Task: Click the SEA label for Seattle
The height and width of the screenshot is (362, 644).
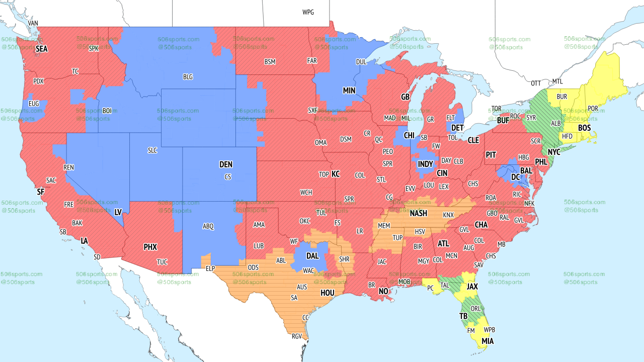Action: (x=41, y=49)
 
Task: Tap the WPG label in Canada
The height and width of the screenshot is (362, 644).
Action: (x=308, y=12)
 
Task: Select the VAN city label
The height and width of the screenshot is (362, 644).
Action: (x=33, y=23)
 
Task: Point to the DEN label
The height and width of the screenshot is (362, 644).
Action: (x=226, y=164)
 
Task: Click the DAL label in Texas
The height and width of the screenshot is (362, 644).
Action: (x=312, y=255)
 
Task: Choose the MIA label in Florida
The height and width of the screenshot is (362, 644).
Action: (x=487, y=341)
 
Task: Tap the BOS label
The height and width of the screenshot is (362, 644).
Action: (x=584, y=128)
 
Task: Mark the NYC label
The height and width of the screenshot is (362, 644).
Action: (x=554, y=152)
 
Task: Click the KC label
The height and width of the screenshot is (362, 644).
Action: (x=336, y=174)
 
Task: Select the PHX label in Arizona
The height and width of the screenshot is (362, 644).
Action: (x=150, y=247)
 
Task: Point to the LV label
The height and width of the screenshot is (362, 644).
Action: (x=118, y=212)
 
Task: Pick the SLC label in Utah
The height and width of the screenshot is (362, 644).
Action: (x=152, y=150)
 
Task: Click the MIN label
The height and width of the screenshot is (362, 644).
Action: (x=349, y=91)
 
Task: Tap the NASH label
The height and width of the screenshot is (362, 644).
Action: (x=418, y=213)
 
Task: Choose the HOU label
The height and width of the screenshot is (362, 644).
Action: (x=328, y=292)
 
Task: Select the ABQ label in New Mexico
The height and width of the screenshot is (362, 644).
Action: (x=208, y=226)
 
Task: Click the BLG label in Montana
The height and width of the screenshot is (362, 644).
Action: (x=188, y=77)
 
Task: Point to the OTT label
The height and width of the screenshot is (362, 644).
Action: (x=536, y=83)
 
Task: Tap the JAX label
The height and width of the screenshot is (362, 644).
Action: (x=472, y=286)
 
